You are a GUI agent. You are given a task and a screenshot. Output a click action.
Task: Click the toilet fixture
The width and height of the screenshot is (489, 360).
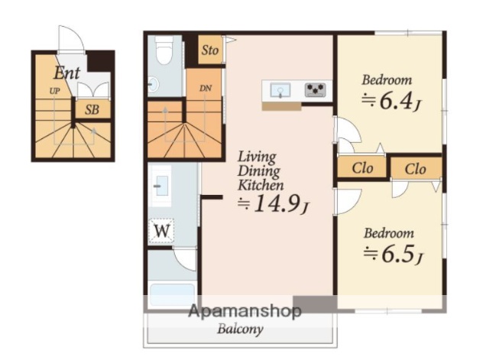pyautogui.click(x=164, y=49)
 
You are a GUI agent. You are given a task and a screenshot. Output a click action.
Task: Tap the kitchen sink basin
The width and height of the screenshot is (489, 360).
pyautogui.click(x=280, y=90)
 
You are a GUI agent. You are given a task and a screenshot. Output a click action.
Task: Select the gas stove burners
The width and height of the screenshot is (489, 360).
pyautogui.click(x=316, y=90)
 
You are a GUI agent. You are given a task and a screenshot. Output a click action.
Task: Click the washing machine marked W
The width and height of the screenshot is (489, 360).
pyautogui.click(x=161, y=231)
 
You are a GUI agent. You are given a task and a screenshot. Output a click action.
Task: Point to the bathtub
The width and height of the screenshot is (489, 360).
pyautogui.click(x=172, y=294)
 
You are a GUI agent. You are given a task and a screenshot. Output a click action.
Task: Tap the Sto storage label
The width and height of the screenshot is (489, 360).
pyautogui.click(x=209, y=50)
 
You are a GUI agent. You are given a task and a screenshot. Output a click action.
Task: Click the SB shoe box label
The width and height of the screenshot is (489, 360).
pyautogui.click(x=92, y=109)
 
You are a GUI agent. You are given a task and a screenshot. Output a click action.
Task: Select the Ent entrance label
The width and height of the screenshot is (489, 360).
pyautogui.click(x=66, y=73)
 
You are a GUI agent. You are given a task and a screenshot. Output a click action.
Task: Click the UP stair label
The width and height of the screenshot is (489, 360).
pyautogui.click(x=54, y=91)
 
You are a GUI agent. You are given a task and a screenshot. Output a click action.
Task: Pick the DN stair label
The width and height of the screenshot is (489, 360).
pyautogui.click(x=206, y=89)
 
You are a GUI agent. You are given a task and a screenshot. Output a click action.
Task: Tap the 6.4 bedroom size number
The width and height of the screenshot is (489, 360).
pyautogui.click(x=396, y=101)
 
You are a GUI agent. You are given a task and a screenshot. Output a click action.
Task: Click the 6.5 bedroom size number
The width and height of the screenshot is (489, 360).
pyautogui.click(x=398, y=254)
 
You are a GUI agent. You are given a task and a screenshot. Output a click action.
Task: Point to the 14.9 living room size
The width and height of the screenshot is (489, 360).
pyautogui.click(x=277, y=204)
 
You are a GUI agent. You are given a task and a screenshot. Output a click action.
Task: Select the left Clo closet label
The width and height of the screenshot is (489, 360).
pyautogui.click(x=362, y=168)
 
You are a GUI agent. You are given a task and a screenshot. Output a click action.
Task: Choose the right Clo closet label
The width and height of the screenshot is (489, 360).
pyautogui.click(x=415, y=169)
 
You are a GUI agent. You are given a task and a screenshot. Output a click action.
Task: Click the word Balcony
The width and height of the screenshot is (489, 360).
pyautogui.click(x=240, y=329)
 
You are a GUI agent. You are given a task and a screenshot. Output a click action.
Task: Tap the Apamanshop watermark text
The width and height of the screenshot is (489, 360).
pyautogui.click(x=244, y=311)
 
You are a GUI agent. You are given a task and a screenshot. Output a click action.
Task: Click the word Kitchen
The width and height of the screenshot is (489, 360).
pyautogui.click(x=261, y=185)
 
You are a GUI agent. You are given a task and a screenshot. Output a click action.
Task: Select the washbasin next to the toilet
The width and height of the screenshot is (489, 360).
pyautogui.click(x=153, y=84)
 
